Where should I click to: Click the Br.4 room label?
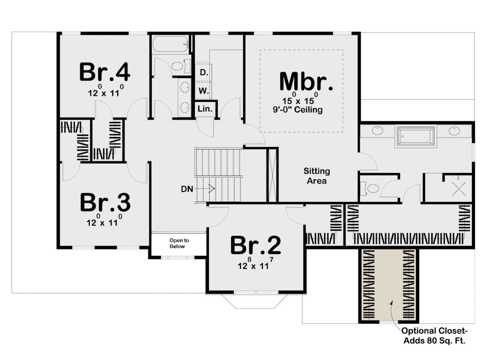[x=105, y=72]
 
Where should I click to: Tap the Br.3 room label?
[x=105, y=202]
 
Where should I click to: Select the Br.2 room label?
[x=255, y=244]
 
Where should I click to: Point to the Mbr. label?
[x=306, y=81]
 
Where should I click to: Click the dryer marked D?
[x=204, y=72]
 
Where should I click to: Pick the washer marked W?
[x=204, y=90]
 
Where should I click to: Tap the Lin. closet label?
[x=205, y=109]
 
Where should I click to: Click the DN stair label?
[x=187, y=189]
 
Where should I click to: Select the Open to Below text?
[x=179, y=243]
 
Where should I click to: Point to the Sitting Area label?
[x=316, y=176]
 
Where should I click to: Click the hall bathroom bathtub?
[x=170, y=44]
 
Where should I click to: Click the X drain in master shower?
[x=458, y=189]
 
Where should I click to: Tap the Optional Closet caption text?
[x=434, y=335]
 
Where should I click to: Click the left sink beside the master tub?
[x=377, y=131]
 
